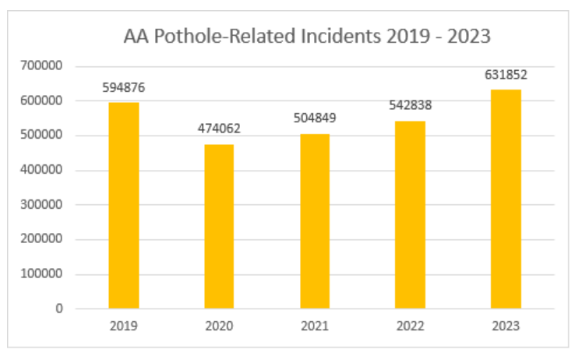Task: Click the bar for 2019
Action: pyautogui.click(x=123, y=206)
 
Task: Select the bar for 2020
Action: pyautogui.click(x=219, y=226)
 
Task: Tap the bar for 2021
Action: pyautogui.click(x=315, y=221)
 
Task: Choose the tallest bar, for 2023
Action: pyautogui.click(x=506, y=199)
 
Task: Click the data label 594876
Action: pyautogui.click(x=123, y=87)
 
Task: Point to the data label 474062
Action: pyautogui.click(x=219, y=129)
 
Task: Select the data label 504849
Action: pyautogui.click(x=315, y=118)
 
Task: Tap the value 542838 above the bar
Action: pyautogui.click(x=410, y=105)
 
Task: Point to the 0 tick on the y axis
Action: pyautogui.click(x=59, y=309)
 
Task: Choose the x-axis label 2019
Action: pyautogui.click(x=123, y=326)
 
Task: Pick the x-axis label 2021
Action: pyautogui.click(x=315, y=326)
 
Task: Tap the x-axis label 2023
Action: pyautogui.click(x=506, y=326)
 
